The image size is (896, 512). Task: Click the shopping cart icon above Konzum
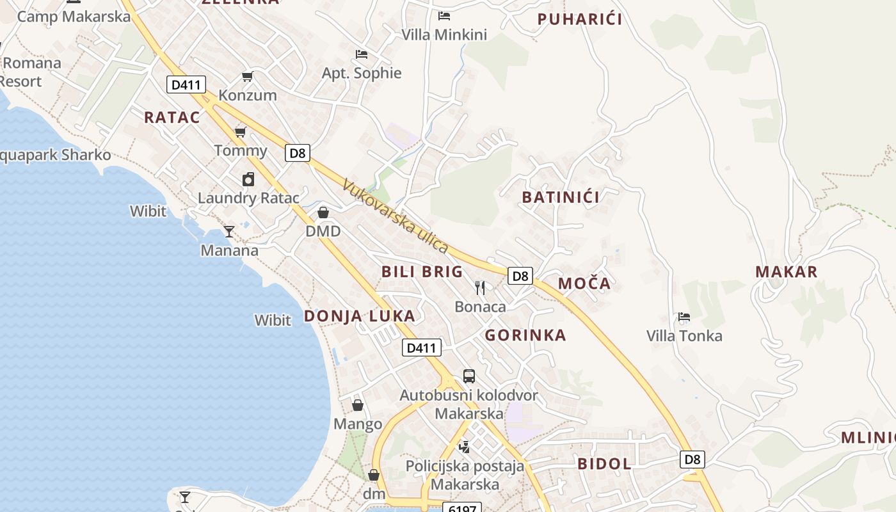247,77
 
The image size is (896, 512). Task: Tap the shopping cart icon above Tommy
241,132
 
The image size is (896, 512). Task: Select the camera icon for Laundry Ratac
248,179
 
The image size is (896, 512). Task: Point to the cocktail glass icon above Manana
229,231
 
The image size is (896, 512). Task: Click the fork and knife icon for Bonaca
480,288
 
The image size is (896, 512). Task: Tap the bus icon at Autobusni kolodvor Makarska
469,376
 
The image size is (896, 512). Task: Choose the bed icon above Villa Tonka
684,317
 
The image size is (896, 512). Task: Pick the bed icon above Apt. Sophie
362,54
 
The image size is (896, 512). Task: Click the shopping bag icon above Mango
358,405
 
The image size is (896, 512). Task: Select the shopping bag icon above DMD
323,212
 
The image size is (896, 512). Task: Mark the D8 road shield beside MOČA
520,276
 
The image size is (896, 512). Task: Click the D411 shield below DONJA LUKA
422,348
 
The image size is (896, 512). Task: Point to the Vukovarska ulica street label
396,216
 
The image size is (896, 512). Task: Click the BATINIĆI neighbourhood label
561,197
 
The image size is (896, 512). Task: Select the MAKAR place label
786,272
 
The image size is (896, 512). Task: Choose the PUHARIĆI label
580,19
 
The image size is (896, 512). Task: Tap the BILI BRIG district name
422,272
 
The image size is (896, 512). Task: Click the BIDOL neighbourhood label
604,464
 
